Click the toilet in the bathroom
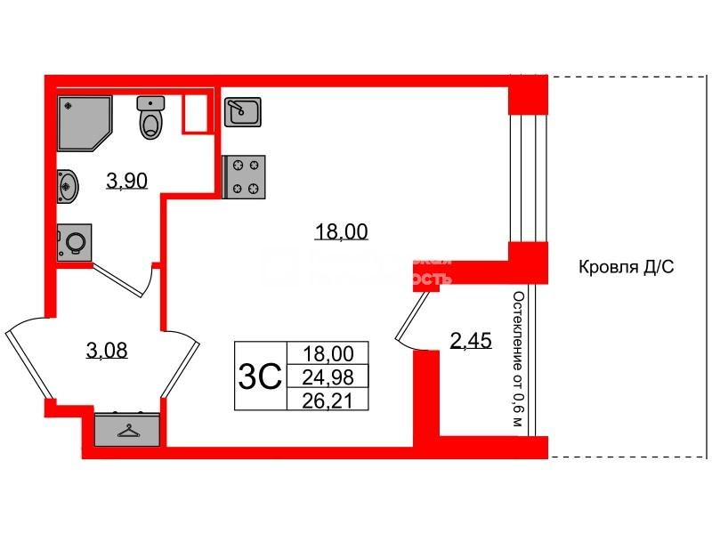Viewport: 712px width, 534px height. tap(152, 117)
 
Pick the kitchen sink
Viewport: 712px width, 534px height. tap(241, 112)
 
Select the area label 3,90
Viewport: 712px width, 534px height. tap(127, 182)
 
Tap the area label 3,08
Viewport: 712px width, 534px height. tap(107, 351)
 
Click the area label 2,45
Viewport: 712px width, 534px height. tap(469, 340)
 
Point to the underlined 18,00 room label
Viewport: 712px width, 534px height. tap(341, 233)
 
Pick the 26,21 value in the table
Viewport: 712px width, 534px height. tap(322, 400)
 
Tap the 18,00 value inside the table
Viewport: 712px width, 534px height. tap(322, 354)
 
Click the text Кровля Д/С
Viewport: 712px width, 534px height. tap(627, 267)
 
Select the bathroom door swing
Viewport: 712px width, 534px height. tap(125, 279)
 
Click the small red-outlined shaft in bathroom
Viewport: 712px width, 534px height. tap(196, 112)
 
